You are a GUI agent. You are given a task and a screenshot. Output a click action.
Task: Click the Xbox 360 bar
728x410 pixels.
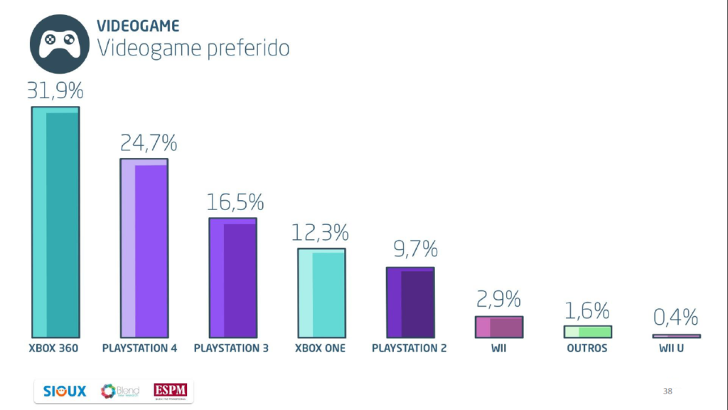click(x=55, y=222)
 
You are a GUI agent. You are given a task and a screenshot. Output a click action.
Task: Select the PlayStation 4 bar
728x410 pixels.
click(x=144, y=248)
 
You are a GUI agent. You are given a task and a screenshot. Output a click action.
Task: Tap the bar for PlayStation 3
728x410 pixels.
click(x=232, y=278)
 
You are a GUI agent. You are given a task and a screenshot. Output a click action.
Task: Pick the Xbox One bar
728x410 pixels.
click(x=321, y=293)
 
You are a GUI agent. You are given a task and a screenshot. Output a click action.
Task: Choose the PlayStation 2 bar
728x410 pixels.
click(x=409, y=302)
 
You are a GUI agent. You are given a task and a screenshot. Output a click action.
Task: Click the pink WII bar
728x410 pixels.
click(x=498, y=327)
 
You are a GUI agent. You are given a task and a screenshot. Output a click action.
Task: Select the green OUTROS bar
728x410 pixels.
click(x=587, y=332)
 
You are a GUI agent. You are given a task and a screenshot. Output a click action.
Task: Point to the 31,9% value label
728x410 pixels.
click(x=55, y=91)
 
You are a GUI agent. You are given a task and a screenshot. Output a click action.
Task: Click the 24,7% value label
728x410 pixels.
click(x=148, y=144)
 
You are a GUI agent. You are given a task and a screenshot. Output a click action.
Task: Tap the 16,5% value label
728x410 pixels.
click(x=235, y=202)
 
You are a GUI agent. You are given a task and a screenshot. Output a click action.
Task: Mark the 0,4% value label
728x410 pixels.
click(x=675, y=317)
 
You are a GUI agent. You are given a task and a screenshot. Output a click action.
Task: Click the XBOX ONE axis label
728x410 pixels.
click(x=320, y=348)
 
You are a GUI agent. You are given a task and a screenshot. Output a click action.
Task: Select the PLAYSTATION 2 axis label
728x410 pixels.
click(x=409, y=348)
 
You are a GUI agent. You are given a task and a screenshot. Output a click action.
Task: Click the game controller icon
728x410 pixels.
click(x=59, y=43)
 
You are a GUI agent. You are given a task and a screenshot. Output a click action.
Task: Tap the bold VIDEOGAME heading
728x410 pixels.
click(x=138, y=26)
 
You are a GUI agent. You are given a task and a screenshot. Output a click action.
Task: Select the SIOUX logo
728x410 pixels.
click(x=64, y=391)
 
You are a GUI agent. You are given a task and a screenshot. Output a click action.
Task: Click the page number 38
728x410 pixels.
click(x=667, y=391)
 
